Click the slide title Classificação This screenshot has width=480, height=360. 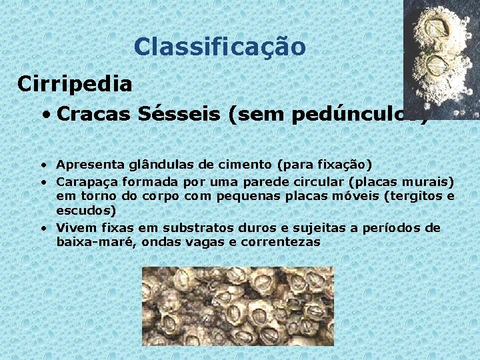tap(219, 47)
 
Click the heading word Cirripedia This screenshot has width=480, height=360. tap(75, 84)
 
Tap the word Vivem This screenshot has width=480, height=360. tap(75, 228)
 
